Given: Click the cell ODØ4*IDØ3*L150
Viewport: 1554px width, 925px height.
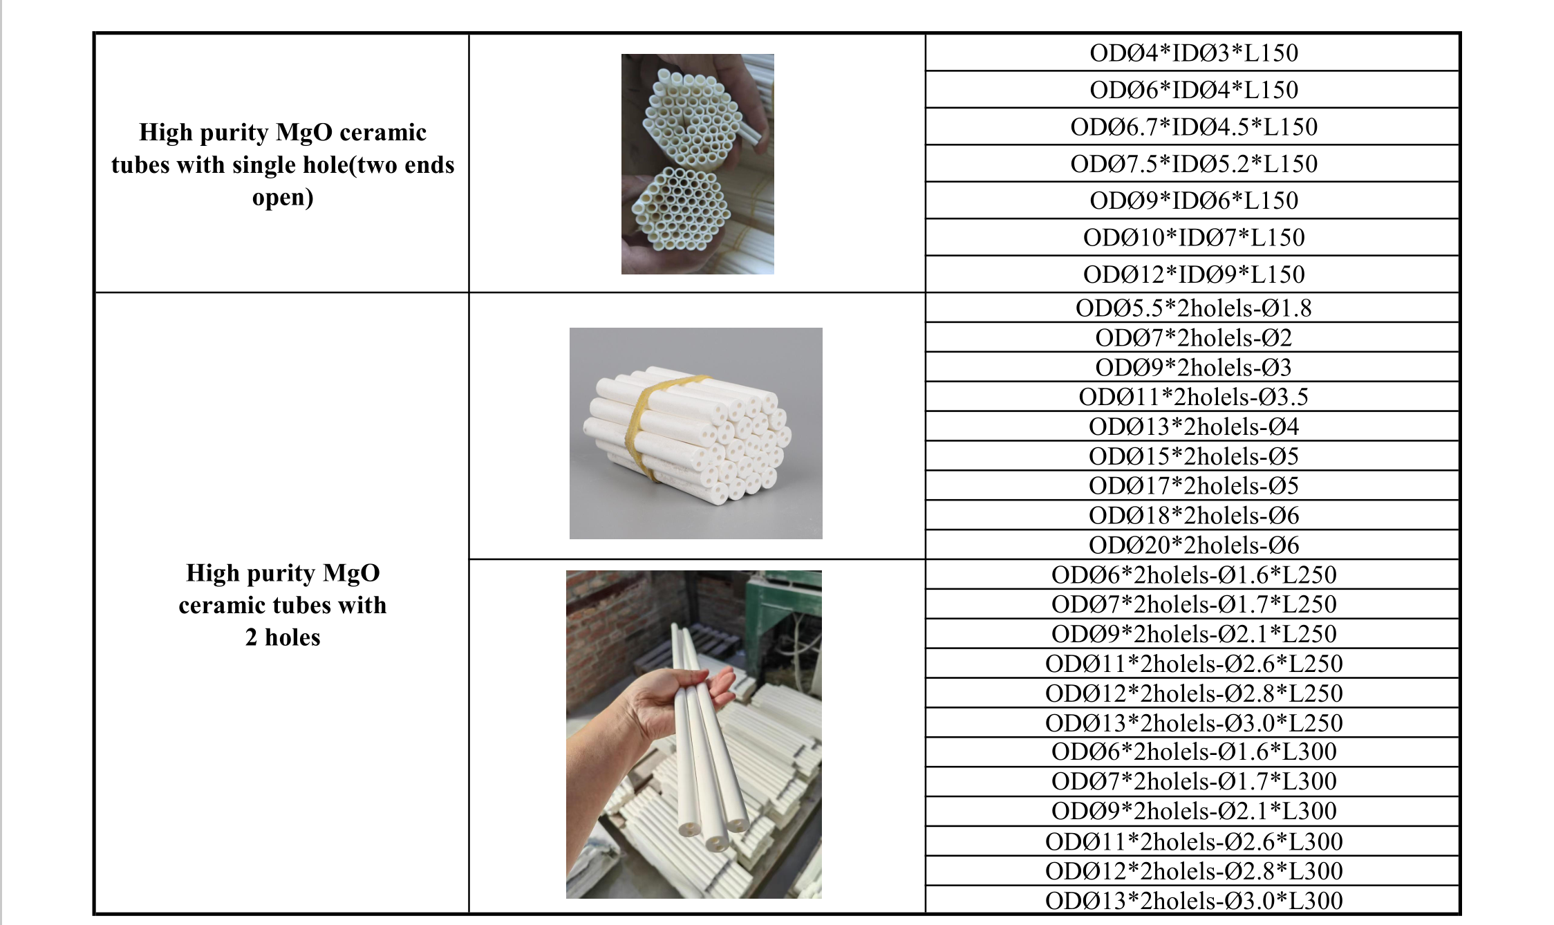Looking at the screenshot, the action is coord(1193,53).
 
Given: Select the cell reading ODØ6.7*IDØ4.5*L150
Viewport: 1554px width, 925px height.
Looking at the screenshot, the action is coord(1193,127).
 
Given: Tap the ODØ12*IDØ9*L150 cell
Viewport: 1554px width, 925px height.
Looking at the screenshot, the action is coord(1193,274).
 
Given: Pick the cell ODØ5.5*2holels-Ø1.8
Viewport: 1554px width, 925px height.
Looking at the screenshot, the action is coord(1193,308).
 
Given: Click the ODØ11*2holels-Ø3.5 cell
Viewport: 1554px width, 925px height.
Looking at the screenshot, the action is coord(1193,397).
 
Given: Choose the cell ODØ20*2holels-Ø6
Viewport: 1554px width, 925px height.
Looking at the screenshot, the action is coord(1193,545).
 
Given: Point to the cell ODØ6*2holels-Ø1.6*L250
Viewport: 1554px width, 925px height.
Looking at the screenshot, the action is coord(1193,574).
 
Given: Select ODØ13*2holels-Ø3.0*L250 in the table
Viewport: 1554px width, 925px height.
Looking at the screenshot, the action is coord(1193,722).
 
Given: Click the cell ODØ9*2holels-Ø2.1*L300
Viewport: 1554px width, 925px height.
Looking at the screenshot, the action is coord(1193,811).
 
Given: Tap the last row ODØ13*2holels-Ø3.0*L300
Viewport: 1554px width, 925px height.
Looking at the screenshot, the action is coord(1193,900).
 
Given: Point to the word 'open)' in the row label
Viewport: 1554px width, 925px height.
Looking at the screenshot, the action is coord(283,198).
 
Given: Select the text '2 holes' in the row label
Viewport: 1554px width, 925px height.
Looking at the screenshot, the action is coord(283,637).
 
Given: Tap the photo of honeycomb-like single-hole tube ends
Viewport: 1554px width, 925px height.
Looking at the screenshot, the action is coord(698,164).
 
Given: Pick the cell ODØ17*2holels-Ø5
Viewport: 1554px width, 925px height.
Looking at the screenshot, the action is coord(1193,485).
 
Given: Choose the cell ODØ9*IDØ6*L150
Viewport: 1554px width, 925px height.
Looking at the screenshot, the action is coord(1193,200).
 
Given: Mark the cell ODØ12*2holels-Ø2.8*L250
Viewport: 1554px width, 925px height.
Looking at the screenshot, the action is coord(1193,693).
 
